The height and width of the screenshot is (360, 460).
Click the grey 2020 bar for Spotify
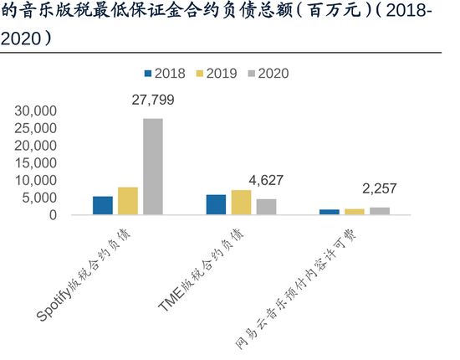152,167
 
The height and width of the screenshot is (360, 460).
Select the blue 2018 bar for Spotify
103,205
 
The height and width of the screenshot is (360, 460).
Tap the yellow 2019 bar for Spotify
128,201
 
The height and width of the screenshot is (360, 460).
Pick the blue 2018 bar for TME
216,204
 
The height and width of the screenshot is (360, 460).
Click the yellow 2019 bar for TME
241,203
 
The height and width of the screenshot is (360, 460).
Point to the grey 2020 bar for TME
266,207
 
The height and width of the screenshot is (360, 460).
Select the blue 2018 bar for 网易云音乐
330,212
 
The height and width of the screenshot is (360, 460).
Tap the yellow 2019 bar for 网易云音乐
355,212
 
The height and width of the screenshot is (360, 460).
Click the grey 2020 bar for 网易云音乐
380,211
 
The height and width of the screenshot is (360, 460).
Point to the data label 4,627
267,181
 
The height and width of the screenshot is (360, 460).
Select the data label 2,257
380,189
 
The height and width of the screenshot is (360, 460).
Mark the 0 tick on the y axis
52,215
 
